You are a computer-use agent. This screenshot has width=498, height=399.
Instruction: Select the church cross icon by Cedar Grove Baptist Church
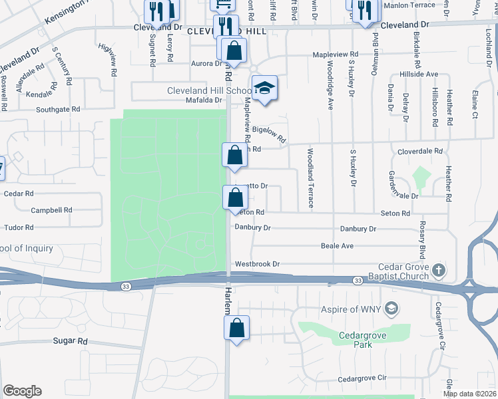pos(438,269)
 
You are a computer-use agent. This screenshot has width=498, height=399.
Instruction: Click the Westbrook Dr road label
pos(257,264)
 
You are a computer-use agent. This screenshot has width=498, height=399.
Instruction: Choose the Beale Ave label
pos(337,246)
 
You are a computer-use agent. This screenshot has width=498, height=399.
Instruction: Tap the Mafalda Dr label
pos(204,100)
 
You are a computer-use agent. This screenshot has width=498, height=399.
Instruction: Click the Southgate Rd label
pos(58,109)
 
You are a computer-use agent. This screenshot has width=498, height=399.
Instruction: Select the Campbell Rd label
pos(51,210)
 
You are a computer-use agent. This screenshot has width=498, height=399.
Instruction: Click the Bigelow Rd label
pos(274,136)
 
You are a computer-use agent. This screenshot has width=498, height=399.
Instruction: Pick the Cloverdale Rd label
pos(420,152)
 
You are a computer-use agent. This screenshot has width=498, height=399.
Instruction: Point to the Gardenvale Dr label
pos(403,186)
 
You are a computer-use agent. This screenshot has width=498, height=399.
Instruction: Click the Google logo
pos(22,391)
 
